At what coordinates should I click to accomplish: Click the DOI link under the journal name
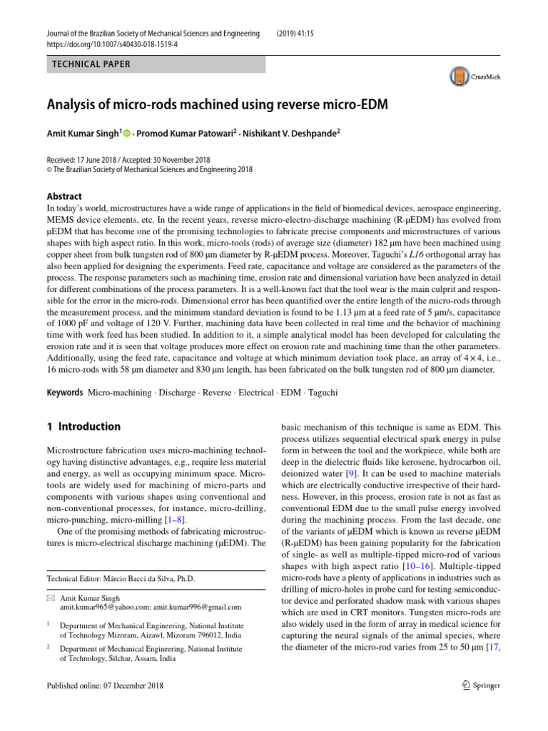[113, 44]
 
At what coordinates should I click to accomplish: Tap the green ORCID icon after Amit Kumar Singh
[128, 131]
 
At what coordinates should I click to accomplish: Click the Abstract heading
[64, 196]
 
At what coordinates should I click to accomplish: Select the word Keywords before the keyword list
[64, 393]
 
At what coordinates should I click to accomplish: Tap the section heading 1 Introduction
[83, 427]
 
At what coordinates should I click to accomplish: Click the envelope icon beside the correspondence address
[51, 598]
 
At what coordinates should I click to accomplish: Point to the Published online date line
[105, 686]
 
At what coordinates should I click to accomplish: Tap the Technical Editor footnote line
[121, 578]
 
